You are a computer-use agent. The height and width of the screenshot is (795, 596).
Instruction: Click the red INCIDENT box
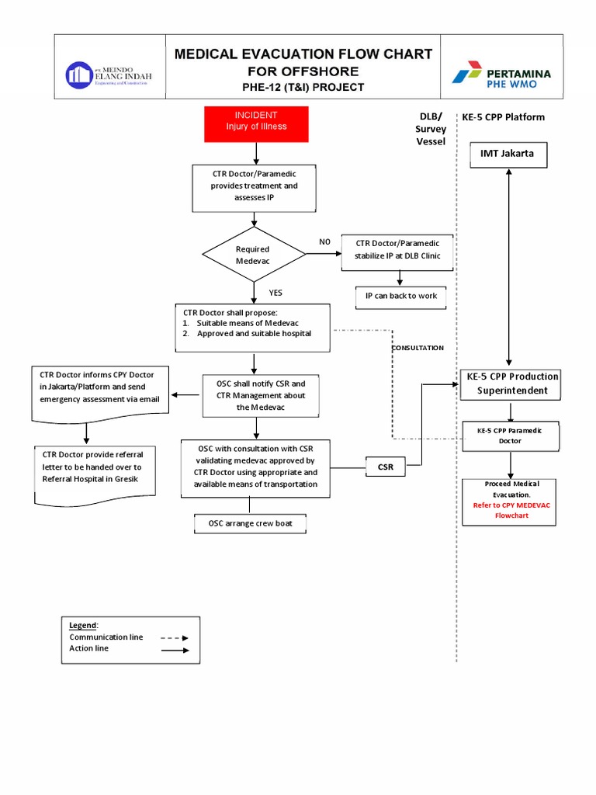[x=256, y=124]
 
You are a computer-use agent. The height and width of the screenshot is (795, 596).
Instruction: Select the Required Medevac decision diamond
[x=254, y=255]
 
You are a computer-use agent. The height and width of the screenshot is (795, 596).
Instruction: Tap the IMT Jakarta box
[x=507, y=154]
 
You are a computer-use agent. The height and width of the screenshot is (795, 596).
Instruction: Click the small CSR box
[x=386, y=467]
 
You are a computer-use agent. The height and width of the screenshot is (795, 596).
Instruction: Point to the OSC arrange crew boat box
[x=250, y=524]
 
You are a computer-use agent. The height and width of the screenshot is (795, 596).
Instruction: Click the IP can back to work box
[x=400, y=296]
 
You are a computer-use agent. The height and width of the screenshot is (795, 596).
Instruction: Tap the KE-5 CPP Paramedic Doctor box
[x=510, y=436]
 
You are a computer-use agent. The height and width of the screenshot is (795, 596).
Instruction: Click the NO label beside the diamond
[x=324, y=241]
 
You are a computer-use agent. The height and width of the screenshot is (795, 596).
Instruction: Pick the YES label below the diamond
[x=275, y=293]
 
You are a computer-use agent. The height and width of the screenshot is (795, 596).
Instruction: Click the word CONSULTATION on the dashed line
[x=418, y=348]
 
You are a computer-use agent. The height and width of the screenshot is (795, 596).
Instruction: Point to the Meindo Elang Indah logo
[x=109, y=75]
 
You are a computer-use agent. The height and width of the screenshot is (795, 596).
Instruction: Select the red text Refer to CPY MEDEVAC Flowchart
[x=511, y=509]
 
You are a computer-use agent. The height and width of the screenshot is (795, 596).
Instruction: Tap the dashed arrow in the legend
[x=175, y=637]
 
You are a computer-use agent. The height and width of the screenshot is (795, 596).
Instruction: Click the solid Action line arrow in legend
[x=175, y=650]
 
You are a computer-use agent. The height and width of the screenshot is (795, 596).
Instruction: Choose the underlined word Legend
[x=83, y=625]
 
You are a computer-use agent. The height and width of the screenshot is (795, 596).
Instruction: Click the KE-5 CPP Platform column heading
[x=503, y=117]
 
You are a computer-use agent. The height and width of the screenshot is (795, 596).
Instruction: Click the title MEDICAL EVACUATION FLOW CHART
[x=303, y=54]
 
